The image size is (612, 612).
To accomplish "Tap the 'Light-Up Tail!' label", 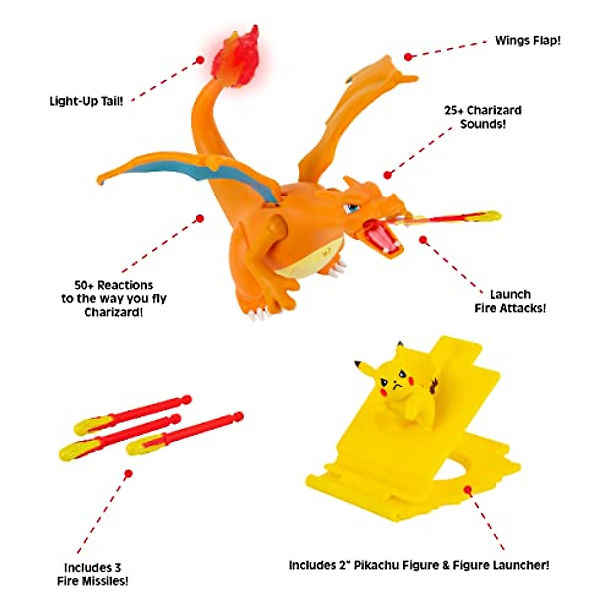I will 86,101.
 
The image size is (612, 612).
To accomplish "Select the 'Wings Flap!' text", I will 527,41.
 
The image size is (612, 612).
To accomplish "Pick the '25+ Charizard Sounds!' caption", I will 482,117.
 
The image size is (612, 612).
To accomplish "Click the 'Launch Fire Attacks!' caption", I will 510,301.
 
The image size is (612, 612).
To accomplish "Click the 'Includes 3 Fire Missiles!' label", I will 92,574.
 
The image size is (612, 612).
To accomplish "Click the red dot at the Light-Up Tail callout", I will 200,60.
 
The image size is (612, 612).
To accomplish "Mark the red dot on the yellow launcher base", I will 468,490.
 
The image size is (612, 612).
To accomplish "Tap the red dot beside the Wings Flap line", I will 407,57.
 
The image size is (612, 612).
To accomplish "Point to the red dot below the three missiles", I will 129,474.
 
